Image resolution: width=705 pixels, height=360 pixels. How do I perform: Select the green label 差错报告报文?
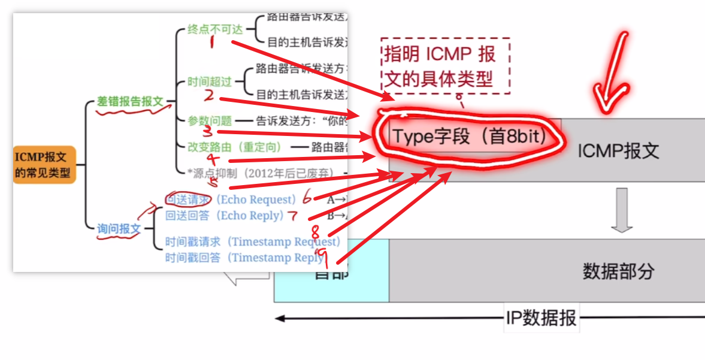pyautogui.click(x=130, y=102)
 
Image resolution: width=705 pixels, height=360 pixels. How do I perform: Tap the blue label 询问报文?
pyautogui.click(x=119, y=228)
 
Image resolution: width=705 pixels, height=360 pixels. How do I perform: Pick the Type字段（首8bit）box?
pyautogui.click(x=469, y=137)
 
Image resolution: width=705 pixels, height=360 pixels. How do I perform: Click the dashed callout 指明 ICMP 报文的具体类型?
pyautogui.click(x=444, y=66)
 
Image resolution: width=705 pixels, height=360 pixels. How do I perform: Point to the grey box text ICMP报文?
pyautogui.click(x=618, y=150)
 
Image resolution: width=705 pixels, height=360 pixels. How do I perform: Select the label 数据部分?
pyautogui.click(x=618, y=271)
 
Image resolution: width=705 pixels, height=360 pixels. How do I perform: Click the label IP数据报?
pyautogui.click(x=541, y=318)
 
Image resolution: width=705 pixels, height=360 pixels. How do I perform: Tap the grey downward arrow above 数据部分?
pyautogui.click(x=622, y=210)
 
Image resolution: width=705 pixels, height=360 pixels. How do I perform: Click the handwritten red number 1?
pyautogui.click(x=213, y=43)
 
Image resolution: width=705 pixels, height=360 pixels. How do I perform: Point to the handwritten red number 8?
pyautogui.click(x=316, y=231)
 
